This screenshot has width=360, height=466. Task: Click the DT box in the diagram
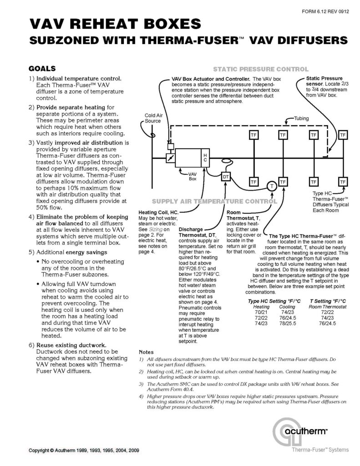point(226,176)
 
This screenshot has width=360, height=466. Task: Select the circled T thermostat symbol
point(271,186)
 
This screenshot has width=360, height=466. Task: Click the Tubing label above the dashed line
point(300,118)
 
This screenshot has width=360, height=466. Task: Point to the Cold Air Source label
point(153,118)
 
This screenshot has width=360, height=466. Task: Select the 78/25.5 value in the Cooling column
point(288,324)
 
